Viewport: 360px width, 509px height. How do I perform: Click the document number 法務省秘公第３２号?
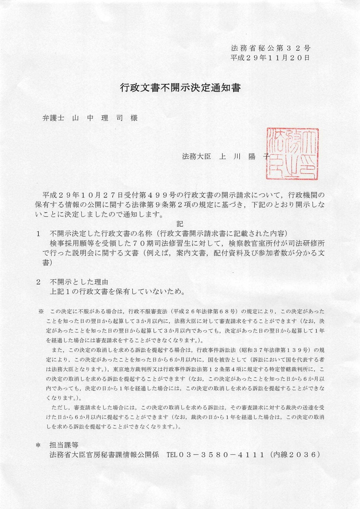270,48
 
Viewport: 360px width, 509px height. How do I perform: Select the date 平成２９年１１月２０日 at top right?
270,58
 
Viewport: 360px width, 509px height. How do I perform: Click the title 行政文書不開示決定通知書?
180,88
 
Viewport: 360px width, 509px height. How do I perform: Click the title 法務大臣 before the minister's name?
196,157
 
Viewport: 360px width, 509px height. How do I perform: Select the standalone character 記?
180,224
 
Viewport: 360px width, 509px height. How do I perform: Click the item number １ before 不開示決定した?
38,234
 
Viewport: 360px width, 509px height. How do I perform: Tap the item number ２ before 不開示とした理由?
38,282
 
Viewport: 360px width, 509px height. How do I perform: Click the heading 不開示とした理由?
79,282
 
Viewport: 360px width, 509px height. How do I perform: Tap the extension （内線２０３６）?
295,454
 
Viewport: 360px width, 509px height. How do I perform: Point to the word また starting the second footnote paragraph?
56,350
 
